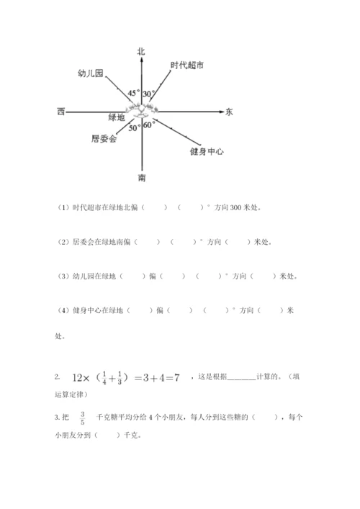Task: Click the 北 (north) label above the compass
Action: click(141, 52)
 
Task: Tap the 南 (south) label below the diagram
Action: click(142, 177)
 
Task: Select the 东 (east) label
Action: click(229, 112)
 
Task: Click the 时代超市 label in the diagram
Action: click(186, 66)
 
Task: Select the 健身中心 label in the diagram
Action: click(207, 151)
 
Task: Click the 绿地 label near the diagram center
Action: click(116, 117)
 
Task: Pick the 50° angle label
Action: click(135, 128)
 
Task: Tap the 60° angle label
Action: click(149, 125)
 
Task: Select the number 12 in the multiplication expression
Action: click(79, 377)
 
